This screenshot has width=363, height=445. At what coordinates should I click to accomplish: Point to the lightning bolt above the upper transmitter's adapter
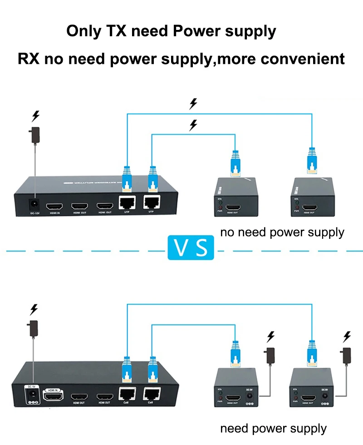[x=35, y=116]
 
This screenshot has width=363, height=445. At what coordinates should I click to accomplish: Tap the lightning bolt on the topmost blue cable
[x=193, y=104]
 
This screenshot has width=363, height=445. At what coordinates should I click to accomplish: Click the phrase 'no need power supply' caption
[x=282, y=233]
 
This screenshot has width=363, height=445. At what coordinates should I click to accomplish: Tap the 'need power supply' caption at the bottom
[x=273, y=428]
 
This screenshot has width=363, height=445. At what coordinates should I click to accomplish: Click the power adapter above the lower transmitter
[x=33, y=328]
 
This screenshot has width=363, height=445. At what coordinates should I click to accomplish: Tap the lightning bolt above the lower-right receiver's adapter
[x=348, y=336]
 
